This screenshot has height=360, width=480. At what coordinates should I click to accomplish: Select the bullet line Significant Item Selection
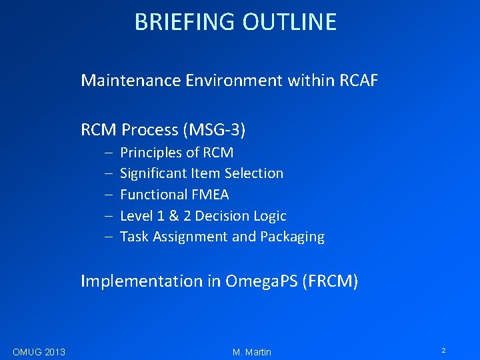click(201, 173)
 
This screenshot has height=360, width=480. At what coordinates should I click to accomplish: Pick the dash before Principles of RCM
click(107, 153)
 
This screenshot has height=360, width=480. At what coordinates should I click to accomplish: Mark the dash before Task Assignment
click(107, 237)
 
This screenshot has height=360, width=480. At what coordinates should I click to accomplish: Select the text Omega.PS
click(261, 281)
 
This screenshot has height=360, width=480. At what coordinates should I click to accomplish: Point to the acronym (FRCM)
click(330, 281)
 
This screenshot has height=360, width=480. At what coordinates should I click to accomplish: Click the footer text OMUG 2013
click(39, 352)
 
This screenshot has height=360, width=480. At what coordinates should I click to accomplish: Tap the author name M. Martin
click(252, 352)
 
